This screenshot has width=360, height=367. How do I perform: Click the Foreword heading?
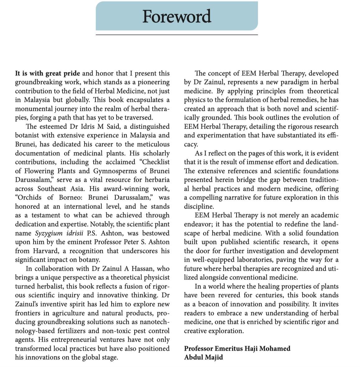177,16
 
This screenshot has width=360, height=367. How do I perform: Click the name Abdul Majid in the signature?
203,357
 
